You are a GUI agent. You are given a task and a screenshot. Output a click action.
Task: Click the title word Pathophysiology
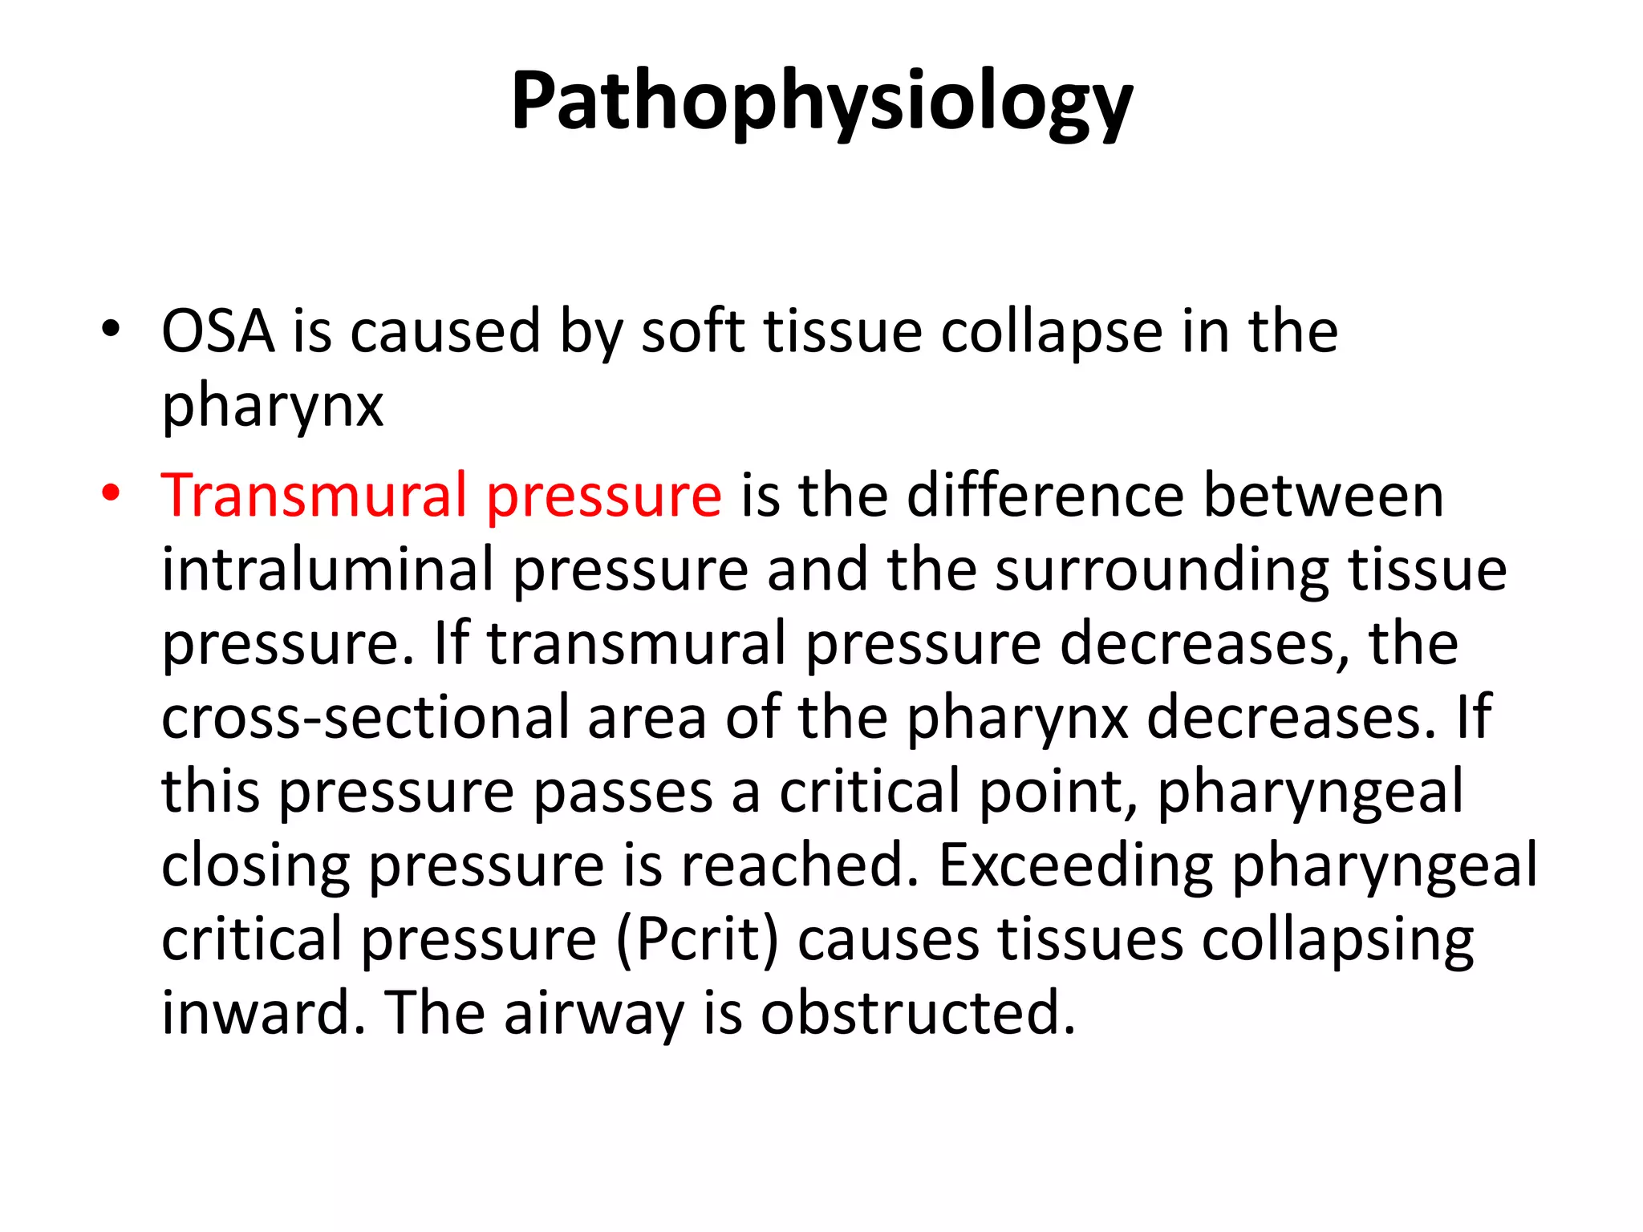point(821,103)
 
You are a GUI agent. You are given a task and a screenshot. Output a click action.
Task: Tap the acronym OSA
point(217,331)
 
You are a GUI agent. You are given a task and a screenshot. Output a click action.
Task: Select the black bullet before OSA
point(111,330)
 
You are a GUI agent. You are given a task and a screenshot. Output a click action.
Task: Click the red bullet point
point(111,494)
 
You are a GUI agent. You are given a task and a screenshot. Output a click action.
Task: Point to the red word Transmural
point(314,496)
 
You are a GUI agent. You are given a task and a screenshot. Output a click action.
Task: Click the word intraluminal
point(327,570)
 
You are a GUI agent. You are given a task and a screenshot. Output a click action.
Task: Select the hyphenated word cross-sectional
point(366,718)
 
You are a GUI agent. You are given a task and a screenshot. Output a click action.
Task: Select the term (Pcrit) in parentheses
point(697,941)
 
